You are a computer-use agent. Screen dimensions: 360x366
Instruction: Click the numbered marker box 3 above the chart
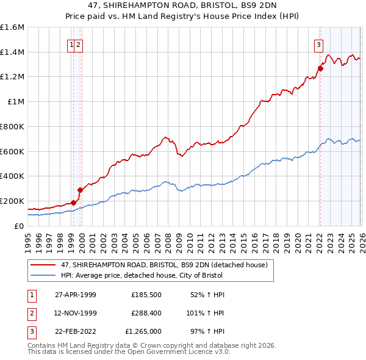click(318, 44)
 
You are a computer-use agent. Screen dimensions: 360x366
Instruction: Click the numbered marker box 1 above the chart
click(72, 44)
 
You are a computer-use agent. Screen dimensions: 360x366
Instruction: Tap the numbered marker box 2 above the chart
click(79, 44)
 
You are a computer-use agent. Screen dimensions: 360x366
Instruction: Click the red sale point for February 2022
click(320, 68)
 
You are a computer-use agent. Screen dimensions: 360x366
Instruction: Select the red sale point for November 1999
click(80, 190)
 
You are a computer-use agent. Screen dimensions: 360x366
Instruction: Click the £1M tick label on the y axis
click(16, 102)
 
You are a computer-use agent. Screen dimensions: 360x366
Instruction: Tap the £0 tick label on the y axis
click(20, 226)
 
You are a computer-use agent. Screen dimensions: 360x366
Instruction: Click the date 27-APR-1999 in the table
click(75, 295)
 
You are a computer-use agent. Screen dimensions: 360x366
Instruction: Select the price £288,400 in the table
click(146, 313)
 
